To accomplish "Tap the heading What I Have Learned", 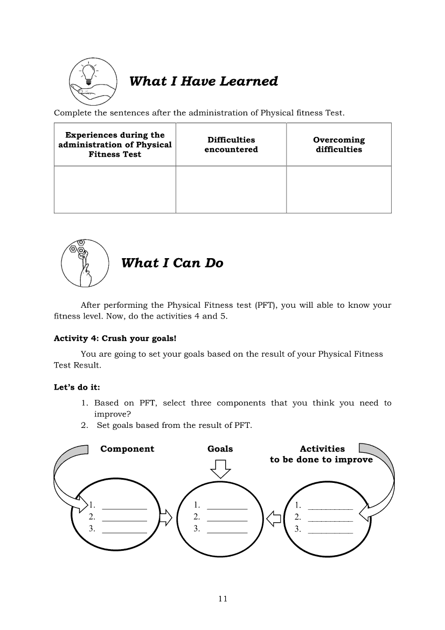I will [204, 81].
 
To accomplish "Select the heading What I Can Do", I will [172, 263].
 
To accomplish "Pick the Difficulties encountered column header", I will [231, 144].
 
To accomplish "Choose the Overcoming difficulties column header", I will [339, 144].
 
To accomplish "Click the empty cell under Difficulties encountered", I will [231, 189].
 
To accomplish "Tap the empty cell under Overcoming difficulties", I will [339, 189].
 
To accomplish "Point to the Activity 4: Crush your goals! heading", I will [115, 338].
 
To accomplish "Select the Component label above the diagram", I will [127, 449].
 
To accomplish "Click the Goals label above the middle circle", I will [220, 449].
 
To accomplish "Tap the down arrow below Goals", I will [220, 468].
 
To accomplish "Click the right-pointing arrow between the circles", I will [166, 518].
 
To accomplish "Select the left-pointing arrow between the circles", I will [274, 518].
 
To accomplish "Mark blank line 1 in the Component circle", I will [124, 507].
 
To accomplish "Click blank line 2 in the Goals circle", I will [227, 518].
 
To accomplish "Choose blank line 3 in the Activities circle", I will [330, 531].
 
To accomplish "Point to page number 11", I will [223, 599].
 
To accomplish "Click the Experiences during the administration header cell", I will [115, 144].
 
